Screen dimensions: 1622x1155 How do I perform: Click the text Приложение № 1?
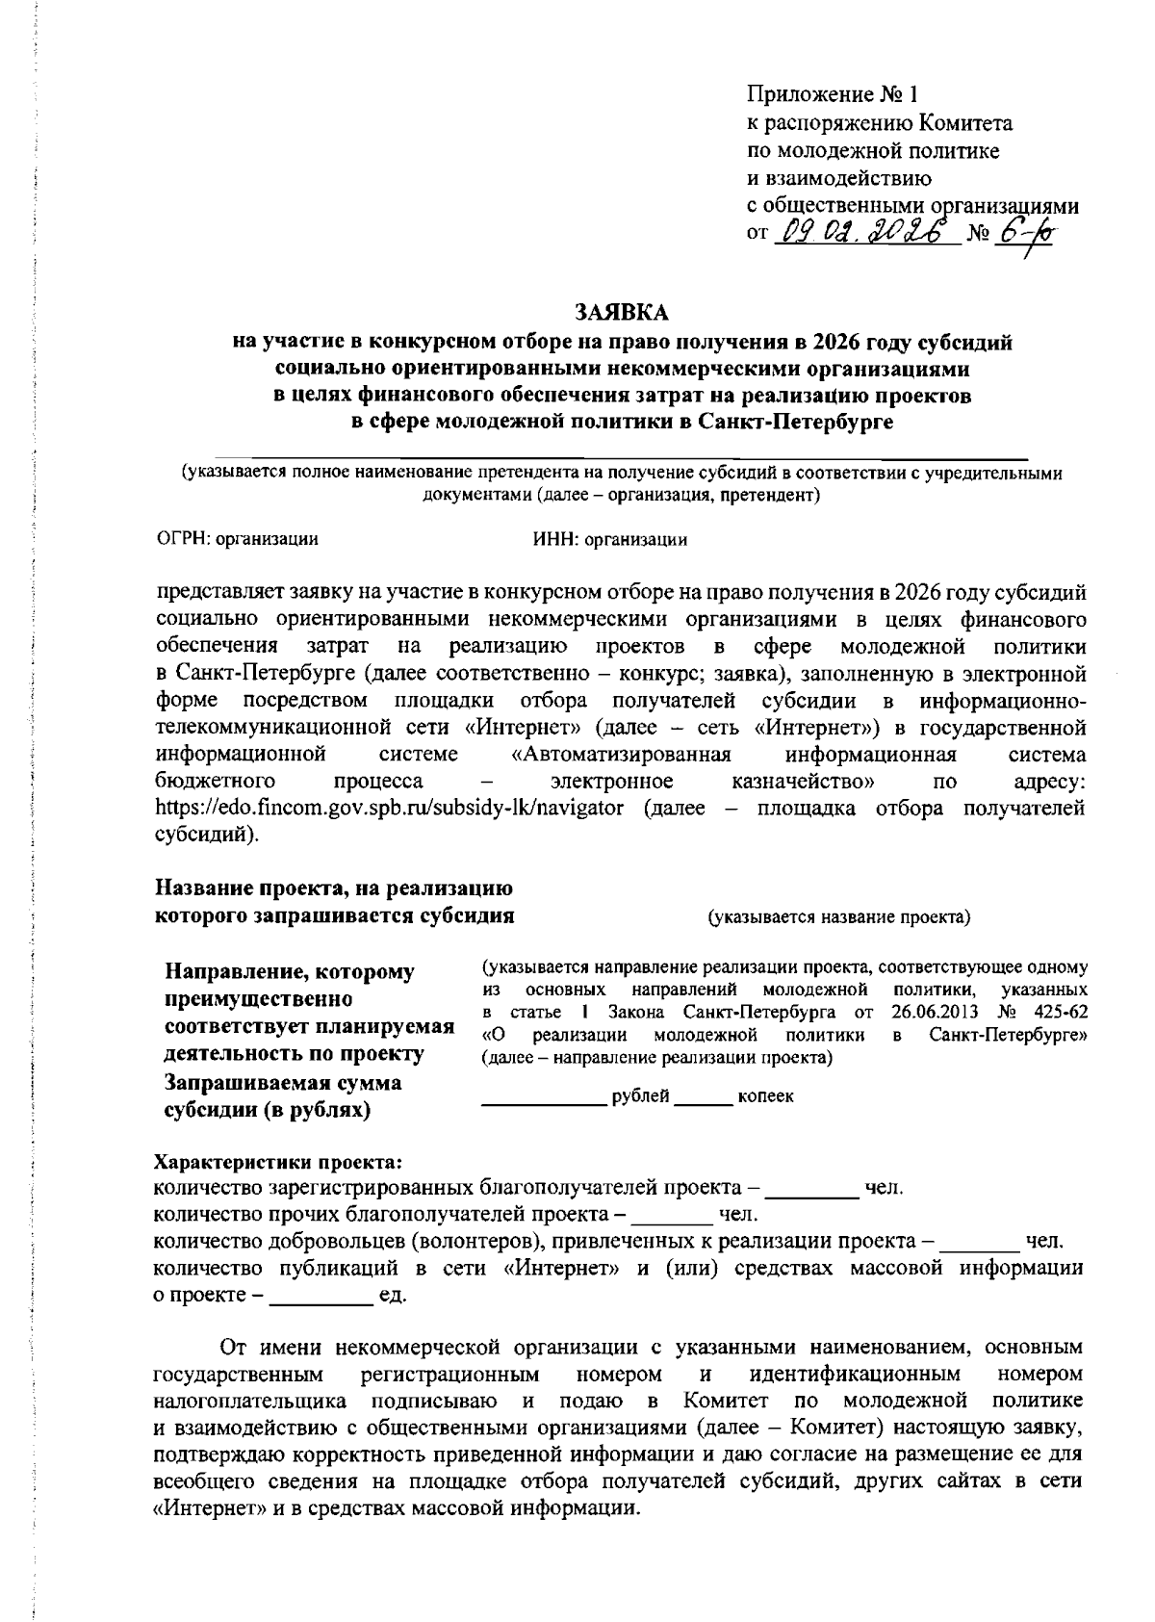tap(833, 95)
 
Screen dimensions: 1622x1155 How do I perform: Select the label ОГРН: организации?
tap(237, 540)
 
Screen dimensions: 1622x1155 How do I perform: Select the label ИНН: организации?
tap(610, 540)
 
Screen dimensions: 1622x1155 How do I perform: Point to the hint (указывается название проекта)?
tap(839, 917)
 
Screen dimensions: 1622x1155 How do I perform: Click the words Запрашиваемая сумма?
tap(284, 1083)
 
